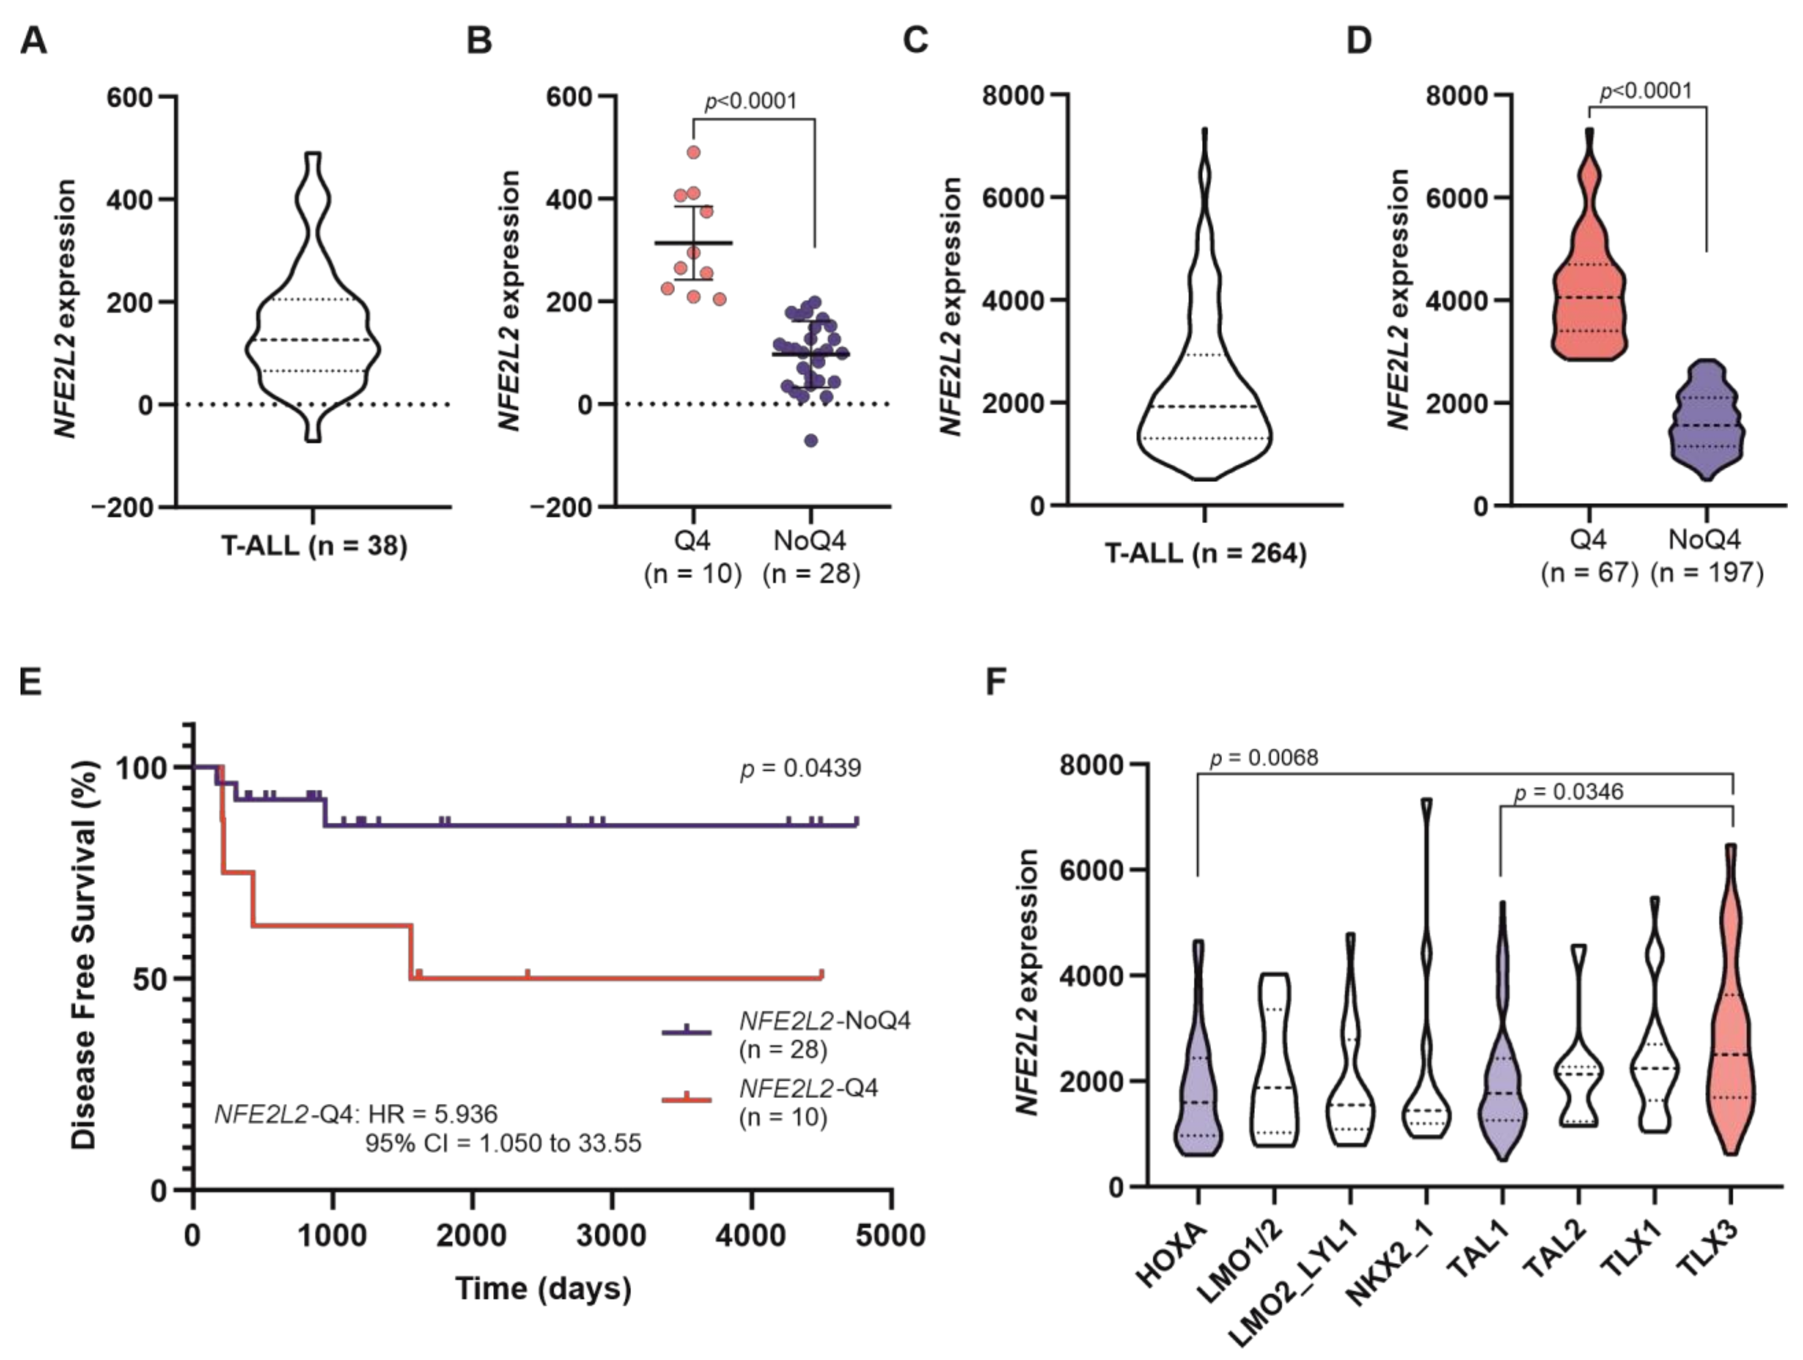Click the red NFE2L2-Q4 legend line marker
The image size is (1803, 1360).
click(x=686, y=1100)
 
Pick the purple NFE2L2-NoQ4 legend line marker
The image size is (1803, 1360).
click(x=686, y=1032)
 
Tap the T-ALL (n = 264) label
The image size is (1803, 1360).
click(x=1205, y=554)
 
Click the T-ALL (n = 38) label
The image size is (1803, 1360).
click(x=314, y=545)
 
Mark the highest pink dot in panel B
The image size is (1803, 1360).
click(x=694, y=152)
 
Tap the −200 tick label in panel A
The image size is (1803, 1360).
click(x=122, y=507)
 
